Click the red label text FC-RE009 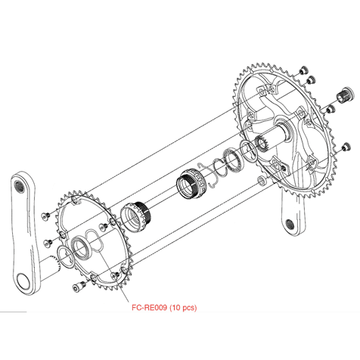(149, 308)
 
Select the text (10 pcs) (183, 308)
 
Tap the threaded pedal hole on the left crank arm (19, 188)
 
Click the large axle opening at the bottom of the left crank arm (23, 281)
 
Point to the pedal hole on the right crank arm (290, 224)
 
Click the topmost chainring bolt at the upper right (303, 70)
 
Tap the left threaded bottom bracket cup (135, 217)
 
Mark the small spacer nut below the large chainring (262, 180)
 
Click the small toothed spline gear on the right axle (262, 144)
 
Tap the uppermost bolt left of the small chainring (45, 216)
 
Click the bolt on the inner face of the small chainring (104, 227)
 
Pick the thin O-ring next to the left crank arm (66, 257)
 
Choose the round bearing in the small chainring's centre (81, 249)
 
